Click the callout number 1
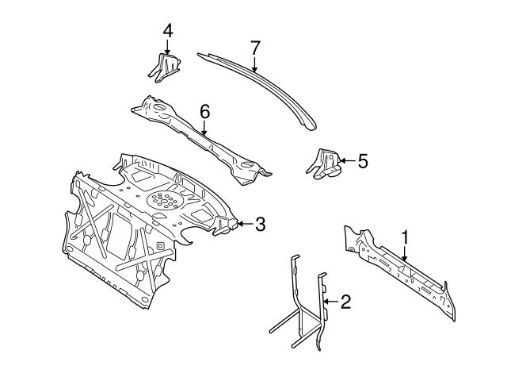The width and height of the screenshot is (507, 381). click(405, 237)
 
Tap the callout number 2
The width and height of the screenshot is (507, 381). click(345, 301)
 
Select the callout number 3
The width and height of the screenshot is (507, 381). click(260, 224)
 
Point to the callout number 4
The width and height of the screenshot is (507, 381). click(167, 30)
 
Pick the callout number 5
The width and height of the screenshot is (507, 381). click(363, 161)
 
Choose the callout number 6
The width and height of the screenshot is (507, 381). click(204, 113)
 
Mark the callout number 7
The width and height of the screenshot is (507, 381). click(255, 48)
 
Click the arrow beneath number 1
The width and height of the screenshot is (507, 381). click(405, 253)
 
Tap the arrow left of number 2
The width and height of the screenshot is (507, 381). click(330, 301)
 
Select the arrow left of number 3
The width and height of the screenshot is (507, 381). click(244, 224)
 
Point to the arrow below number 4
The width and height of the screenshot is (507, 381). click(167, 48)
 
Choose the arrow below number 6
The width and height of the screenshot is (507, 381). click(204, 130)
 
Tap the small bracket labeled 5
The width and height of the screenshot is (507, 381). click(323, 164)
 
